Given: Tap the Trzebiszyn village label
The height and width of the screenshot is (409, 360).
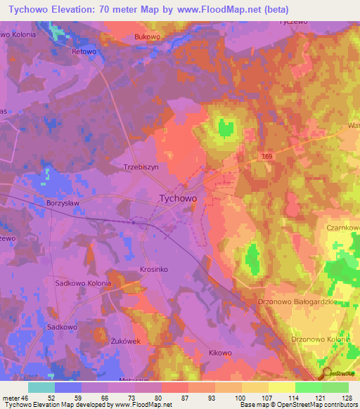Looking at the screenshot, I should point(143,168).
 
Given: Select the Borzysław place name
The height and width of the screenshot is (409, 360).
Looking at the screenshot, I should point(63,202).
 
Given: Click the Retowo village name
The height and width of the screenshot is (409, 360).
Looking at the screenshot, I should point(83,51).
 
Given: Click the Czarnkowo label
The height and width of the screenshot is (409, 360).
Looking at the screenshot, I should point(343,228).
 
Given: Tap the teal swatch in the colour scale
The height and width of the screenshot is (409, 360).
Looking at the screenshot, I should point(41,387).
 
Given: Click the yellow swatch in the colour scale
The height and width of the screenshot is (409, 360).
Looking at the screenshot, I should point(282,387).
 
